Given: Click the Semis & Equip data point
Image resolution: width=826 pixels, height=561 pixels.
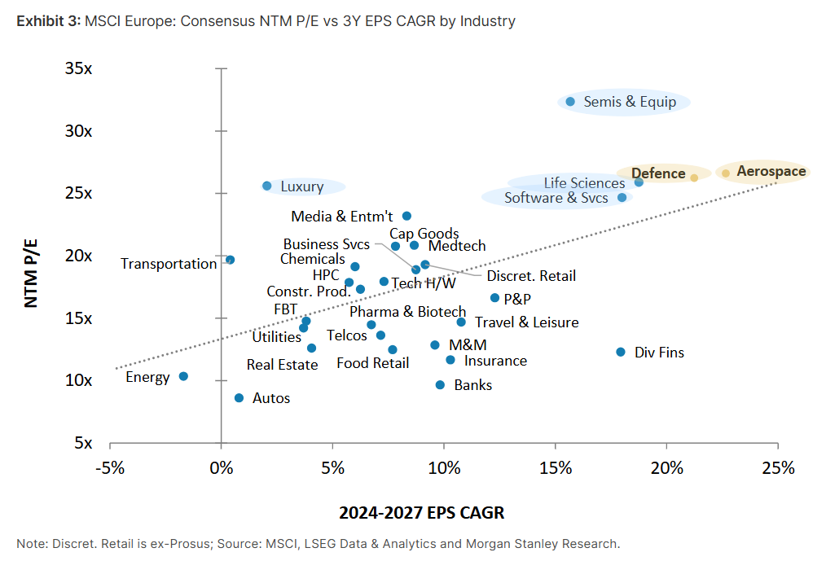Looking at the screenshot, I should coord(570,102).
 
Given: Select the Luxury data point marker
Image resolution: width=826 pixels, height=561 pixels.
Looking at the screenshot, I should coord(266,186).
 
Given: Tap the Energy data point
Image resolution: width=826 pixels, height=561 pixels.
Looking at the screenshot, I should coord(183,376).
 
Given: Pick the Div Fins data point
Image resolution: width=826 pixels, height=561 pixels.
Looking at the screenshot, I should coord(621,352).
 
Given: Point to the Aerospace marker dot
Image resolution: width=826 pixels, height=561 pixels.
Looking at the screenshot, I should coord(726,173).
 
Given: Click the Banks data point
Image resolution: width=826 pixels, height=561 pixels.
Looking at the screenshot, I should coord(440,385).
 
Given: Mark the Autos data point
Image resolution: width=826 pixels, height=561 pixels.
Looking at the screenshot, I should coord(239,398).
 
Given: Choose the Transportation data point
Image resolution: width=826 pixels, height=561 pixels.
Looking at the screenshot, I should coord(230,260).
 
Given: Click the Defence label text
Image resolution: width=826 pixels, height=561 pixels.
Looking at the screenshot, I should coord(658,173).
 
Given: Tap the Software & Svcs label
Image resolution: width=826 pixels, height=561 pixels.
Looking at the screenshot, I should coord(556,198).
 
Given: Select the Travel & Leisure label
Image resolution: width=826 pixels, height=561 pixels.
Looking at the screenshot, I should coord(526,322).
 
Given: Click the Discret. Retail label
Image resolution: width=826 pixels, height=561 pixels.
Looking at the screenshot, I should coord(531,277).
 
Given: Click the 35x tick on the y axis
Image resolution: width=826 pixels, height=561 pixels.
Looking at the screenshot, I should coord(79,69).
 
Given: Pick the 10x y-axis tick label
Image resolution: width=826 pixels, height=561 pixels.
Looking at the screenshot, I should coord(79,381).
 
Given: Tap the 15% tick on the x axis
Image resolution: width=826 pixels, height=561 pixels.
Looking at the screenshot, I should coord(555,469).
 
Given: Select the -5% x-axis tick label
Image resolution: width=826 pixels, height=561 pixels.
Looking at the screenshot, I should coord(109,469).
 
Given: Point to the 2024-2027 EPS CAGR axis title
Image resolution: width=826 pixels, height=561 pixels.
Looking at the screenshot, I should coord(421,513).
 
